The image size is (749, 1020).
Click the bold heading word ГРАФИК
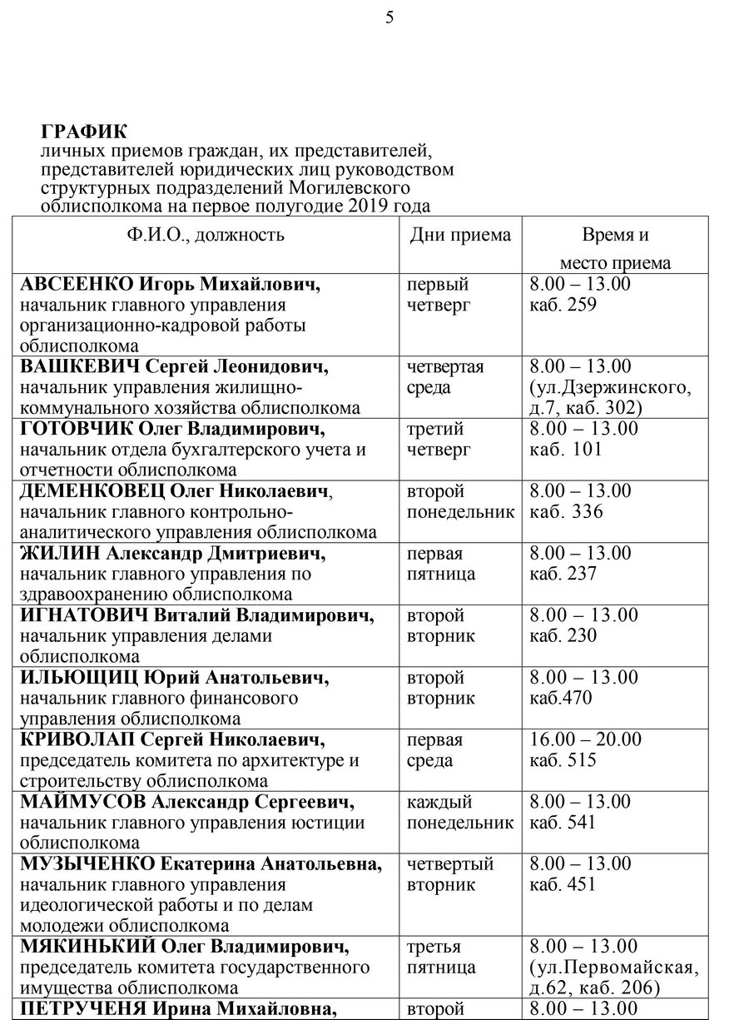[82, 132]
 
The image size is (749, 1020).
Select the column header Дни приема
[459, 235]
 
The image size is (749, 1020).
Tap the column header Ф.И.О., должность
[206, 235]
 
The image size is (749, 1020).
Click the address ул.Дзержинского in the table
[610, 388]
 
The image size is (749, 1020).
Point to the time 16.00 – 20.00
[586, 739]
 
